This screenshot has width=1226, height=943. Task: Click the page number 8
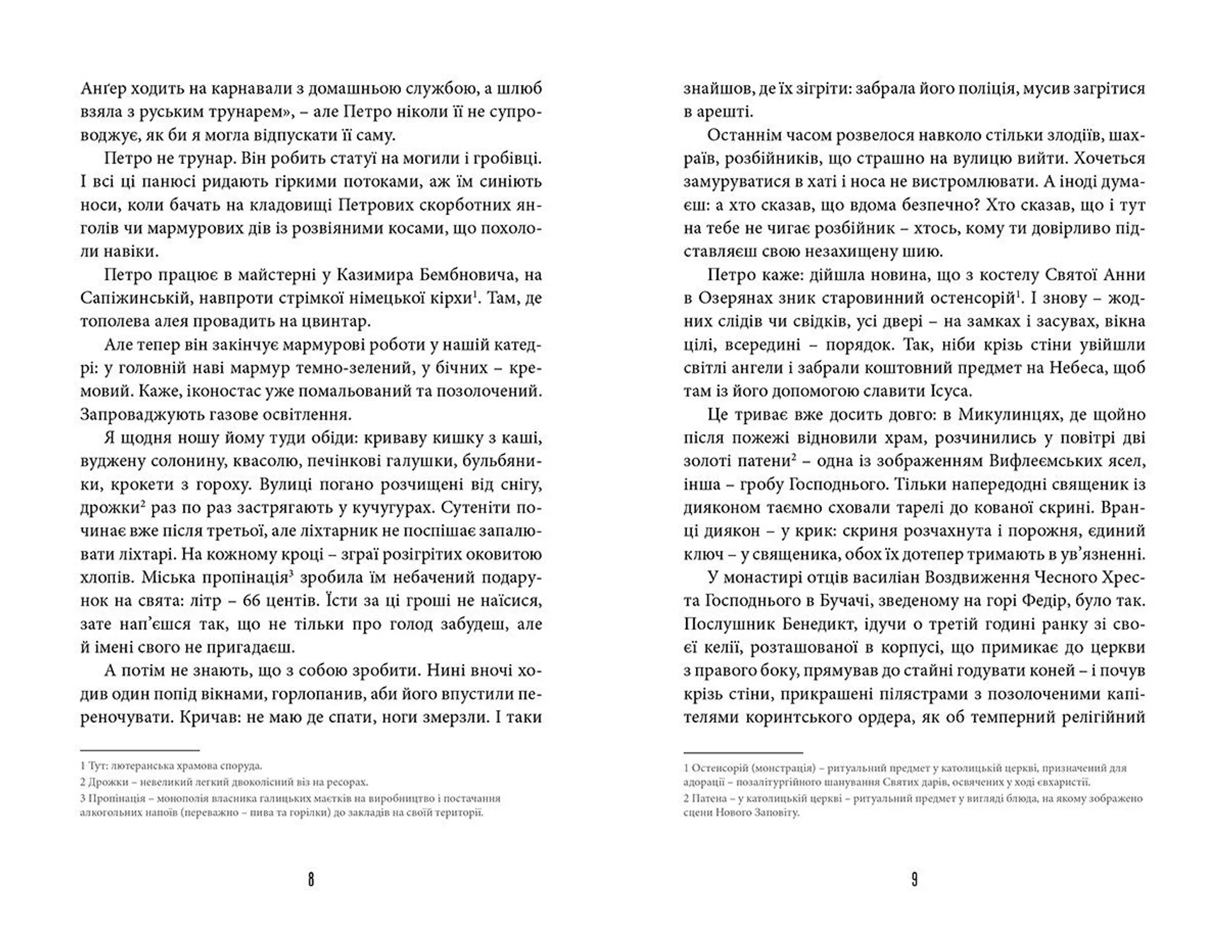coord(311,880)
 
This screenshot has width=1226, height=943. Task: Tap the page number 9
coord(914,880)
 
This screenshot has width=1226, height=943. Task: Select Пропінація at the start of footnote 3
coord(114,799)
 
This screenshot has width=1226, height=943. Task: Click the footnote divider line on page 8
coord(140,750)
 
